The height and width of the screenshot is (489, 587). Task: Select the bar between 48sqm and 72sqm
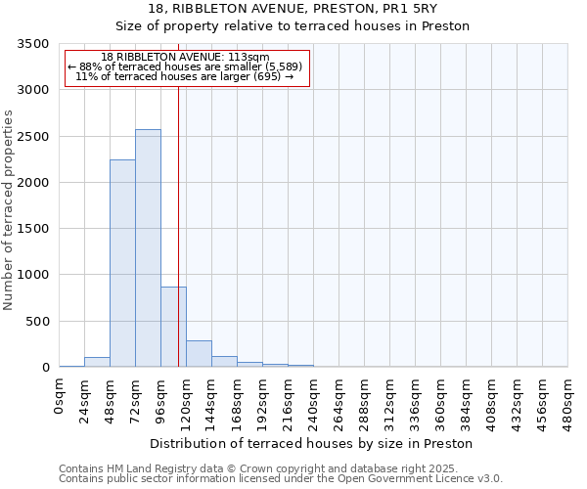(122, 263)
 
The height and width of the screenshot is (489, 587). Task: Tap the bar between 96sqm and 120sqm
(173, 327)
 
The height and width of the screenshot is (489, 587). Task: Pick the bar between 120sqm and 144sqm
(199, 354)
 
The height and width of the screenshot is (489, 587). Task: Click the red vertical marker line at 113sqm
(178, 196)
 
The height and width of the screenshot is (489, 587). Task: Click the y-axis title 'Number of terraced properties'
(9, 210)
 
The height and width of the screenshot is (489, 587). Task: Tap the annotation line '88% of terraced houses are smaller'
(186, 67)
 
